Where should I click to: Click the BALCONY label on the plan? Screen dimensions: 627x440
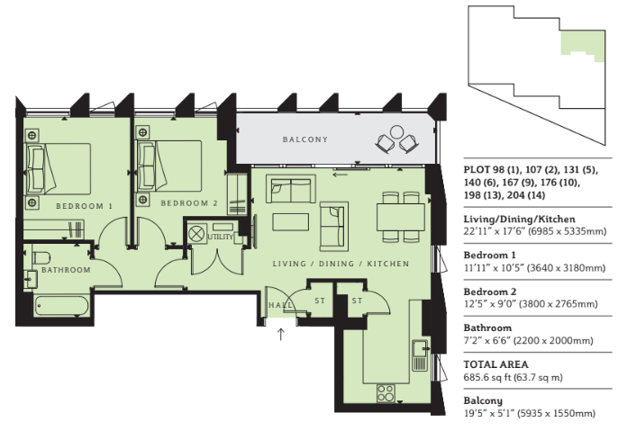tap(305, 139)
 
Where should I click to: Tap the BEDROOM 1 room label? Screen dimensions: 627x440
tap(85, 206)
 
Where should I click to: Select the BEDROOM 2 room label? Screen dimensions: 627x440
tap(189, 203)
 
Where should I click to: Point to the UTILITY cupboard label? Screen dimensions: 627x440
tap(220, 237)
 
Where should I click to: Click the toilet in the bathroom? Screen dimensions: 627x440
tap(41, 257)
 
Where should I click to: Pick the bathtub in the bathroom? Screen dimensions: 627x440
tap(61, 306)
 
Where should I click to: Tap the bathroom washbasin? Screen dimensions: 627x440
tap(30, 279)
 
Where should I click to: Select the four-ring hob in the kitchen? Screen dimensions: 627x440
tap(386, 393)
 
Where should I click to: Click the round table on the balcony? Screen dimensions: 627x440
tap(396, 131)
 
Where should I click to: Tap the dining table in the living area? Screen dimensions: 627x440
tap(401, 217)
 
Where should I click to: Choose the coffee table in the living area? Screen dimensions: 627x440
tap(291, 222)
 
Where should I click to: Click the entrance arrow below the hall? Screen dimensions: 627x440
tap(281, 334)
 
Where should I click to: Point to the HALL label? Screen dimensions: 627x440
tap(280, 305)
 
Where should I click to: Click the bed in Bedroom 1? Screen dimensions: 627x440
tap(59, 169)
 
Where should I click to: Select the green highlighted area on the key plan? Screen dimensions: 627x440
tap(582, 42)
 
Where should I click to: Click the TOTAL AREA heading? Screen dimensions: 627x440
tap(495, 364)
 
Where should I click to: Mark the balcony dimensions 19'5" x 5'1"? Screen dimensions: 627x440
tap(489, 413)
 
